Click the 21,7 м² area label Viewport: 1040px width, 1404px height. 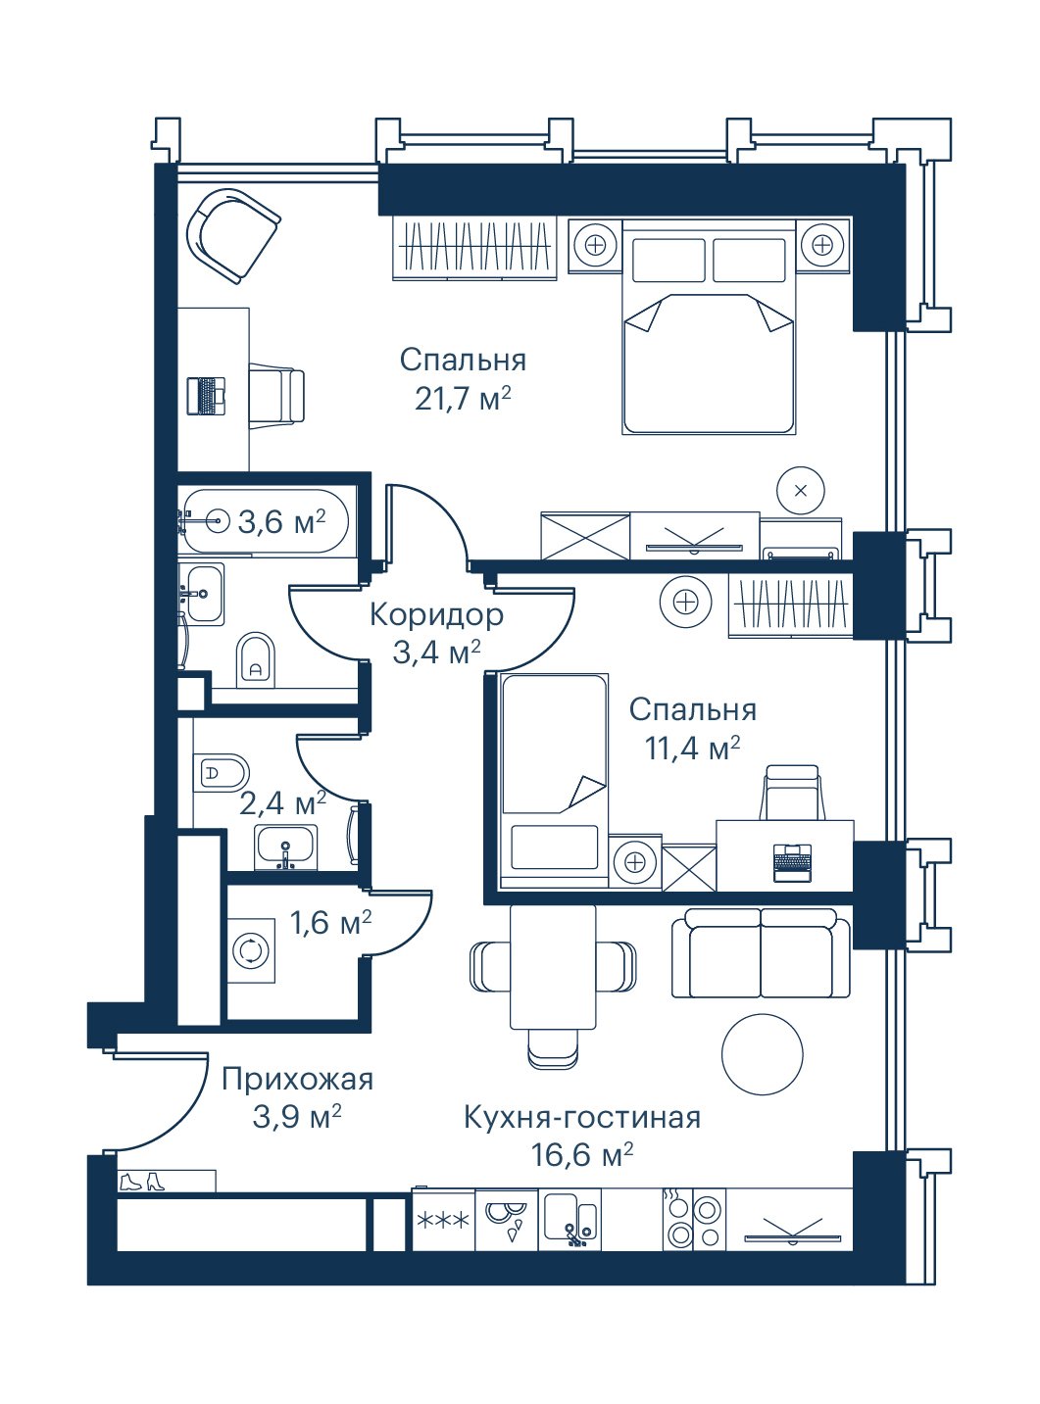pos(463,399)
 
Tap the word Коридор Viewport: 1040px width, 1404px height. pos(436,614)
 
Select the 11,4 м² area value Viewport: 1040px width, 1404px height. pos(692,749)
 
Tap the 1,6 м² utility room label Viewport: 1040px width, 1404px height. pos(330,923)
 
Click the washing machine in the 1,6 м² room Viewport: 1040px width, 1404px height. pos(252,950)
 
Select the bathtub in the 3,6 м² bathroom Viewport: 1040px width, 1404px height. pos(264,522)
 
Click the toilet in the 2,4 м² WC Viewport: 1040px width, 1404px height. pos(222,773)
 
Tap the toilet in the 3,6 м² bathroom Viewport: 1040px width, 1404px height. pos(257,659)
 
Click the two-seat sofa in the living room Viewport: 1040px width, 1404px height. pos(762,953)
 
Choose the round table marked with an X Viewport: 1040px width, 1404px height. pos(801,491)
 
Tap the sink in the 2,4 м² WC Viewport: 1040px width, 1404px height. pos(286,847)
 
